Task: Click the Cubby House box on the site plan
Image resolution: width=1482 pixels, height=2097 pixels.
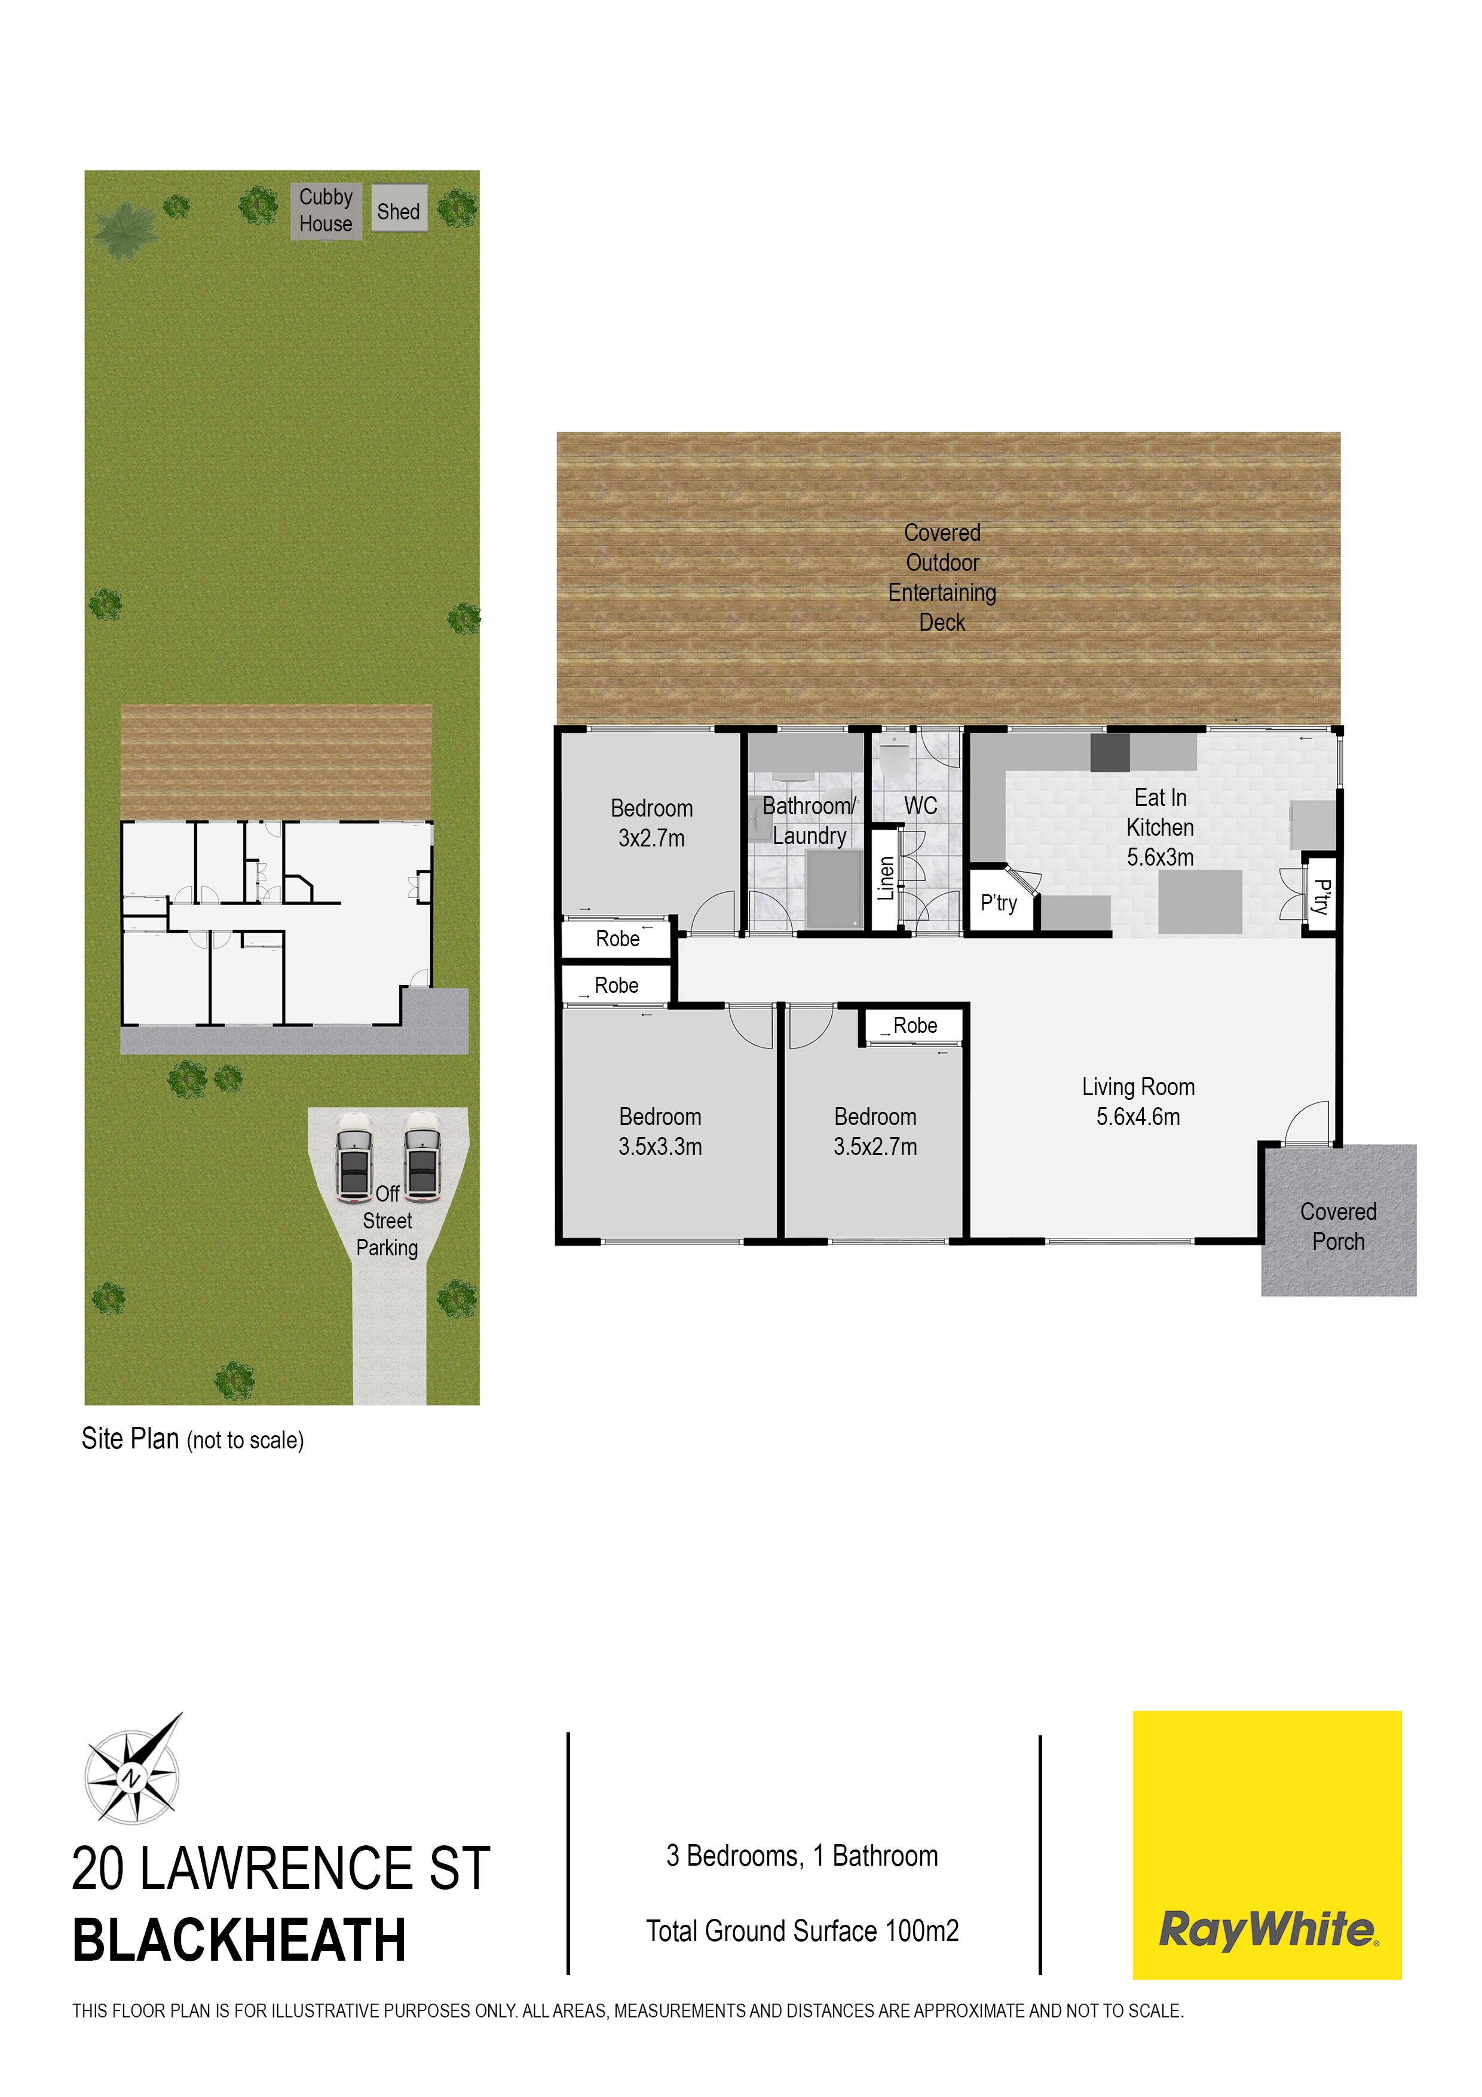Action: coord(326,211)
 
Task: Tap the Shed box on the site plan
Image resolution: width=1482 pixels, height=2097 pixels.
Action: coord(399,207)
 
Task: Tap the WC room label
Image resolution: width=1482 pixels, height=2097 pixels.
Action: coord(920,806)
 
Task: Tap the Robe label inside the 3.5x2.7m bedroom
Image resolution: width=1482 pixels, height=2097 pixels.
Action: coord(915,1026)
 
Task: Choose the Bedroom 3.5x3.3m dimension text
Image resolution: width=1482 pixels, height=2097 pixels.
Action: coord(660,1147)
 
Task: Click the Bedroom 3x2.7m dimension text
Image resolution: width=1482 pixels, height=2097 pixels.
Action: coord(651,839)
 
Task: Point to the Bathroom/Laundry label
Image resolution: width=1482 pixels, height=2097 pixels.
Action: coord(810,820)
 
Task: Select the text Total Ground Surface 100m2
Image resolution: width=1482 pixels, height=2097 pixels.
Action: coord(803,1931)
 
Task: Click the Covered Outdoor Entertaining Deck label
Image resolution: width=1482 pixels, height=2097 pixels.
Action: coord(942,577)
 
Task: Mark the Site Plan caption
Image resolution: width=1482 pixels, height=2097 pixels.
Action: coord(192,1438)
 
